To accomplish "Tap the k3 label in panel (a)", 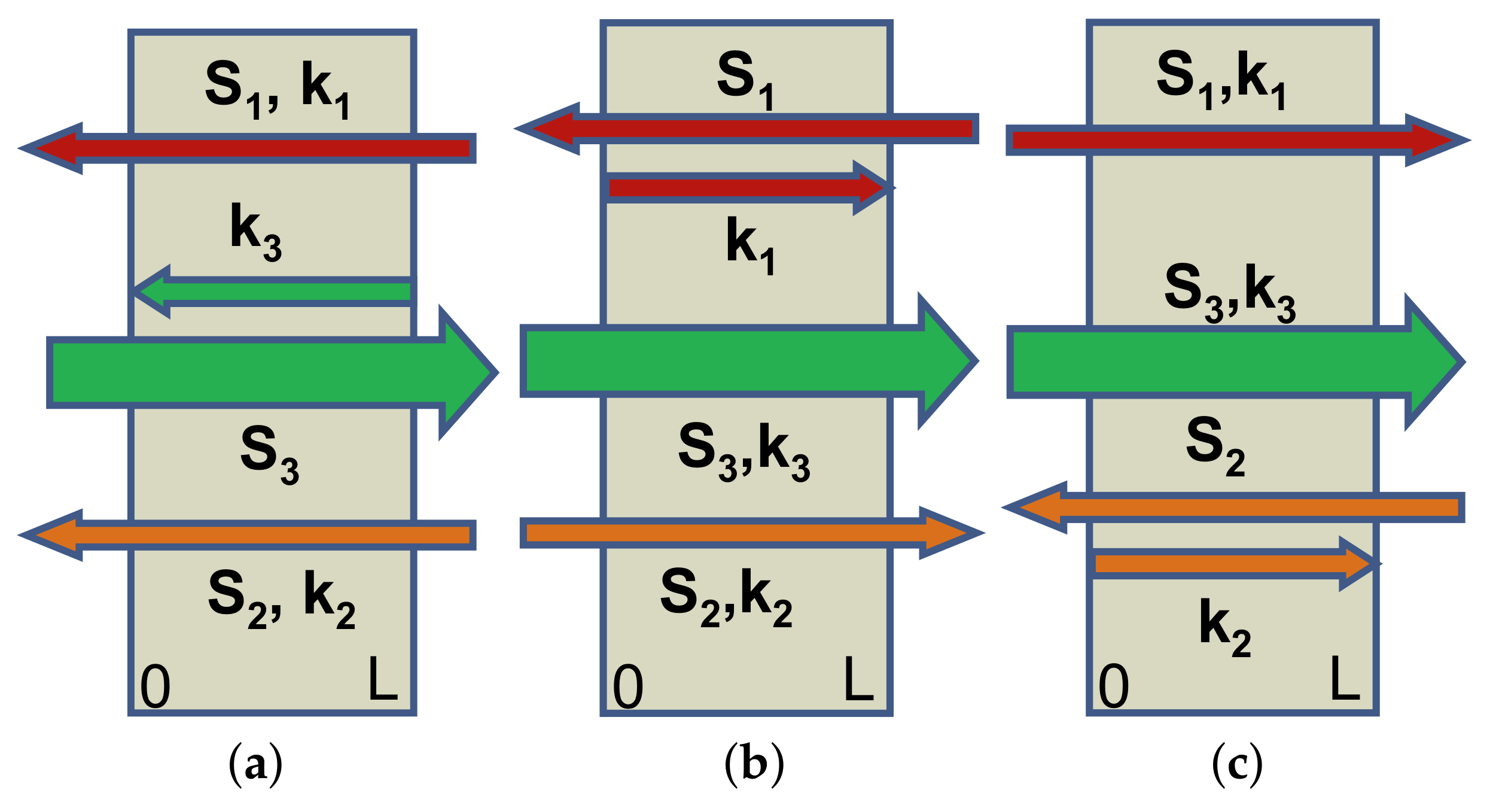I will coord(256,232).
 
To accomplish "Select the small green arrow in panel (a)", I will coord(272,291).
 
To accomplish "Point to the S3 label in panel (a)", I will coord(269,455).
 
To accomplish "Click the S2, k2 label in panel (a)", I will coord(281,599).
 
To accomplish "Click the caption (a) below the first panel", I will coord(255,764).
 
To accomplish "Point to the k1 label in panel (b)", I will coord(751,245).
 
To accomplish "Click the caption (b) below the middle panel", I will coord(754,764).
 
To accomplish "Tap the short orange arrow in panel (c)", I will coord(1232,564).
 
